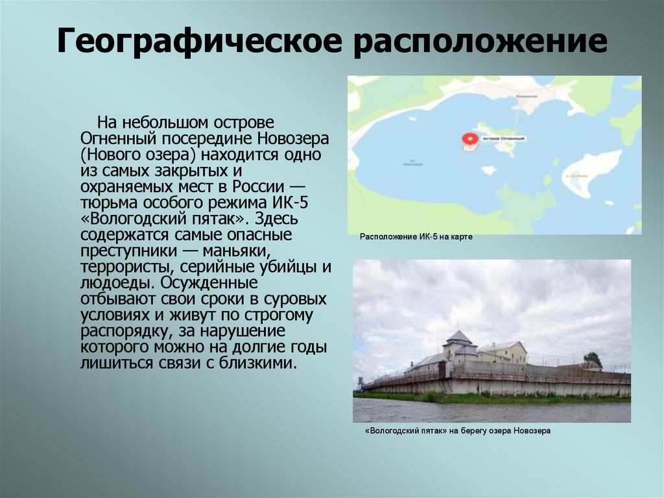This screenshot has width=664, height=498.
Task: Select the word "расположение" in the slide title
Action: [x=480, y=42]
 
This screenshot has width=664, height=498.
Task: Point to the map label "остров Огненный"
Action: [x=504, y=138]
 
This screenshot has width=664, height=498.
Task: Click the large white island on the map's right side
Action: [x=591, y=170]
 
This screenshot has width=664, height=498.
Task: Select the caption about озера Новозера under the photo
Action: [x=457, y=430]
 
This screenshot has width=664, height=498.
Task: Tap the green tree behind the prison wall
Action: [x=592, y=358]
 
